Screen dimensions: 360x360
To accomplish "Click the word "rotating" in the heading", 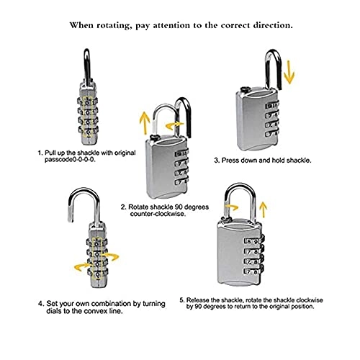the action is coord(114,26).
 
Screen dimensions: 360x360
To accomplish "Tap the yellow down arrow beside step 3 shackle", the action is coord(289,72).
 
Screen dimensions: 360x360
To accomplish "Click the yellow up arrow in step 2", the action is coord(145,124).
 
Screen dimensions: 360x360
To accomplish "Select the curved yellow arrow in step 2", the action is coord(175,125).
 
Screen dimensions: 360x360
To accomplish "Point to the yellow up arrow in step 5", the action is coord(264,210).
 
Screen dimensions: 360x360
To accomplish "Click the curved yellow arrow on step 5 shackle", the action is coord(230,207).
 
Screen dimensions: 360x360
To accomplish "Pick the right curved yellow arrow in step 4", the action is coord(110,256).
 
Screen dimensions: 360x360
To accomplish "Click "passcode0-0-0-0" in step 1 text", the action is coord(70,160).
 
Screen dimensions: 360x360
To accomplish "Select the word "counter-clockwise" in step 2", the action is coord(158,214).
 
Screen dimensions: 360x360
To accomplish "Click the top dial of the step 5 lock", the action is coord(254,241).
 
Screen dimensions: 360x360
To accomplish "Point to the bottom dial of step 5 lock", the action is coord(254,272).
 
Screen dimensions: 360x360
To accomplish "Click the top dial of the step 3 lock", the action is coord(272,106).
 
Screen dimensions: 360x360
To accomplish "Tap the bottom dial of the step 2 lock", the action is coord(181,182).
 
